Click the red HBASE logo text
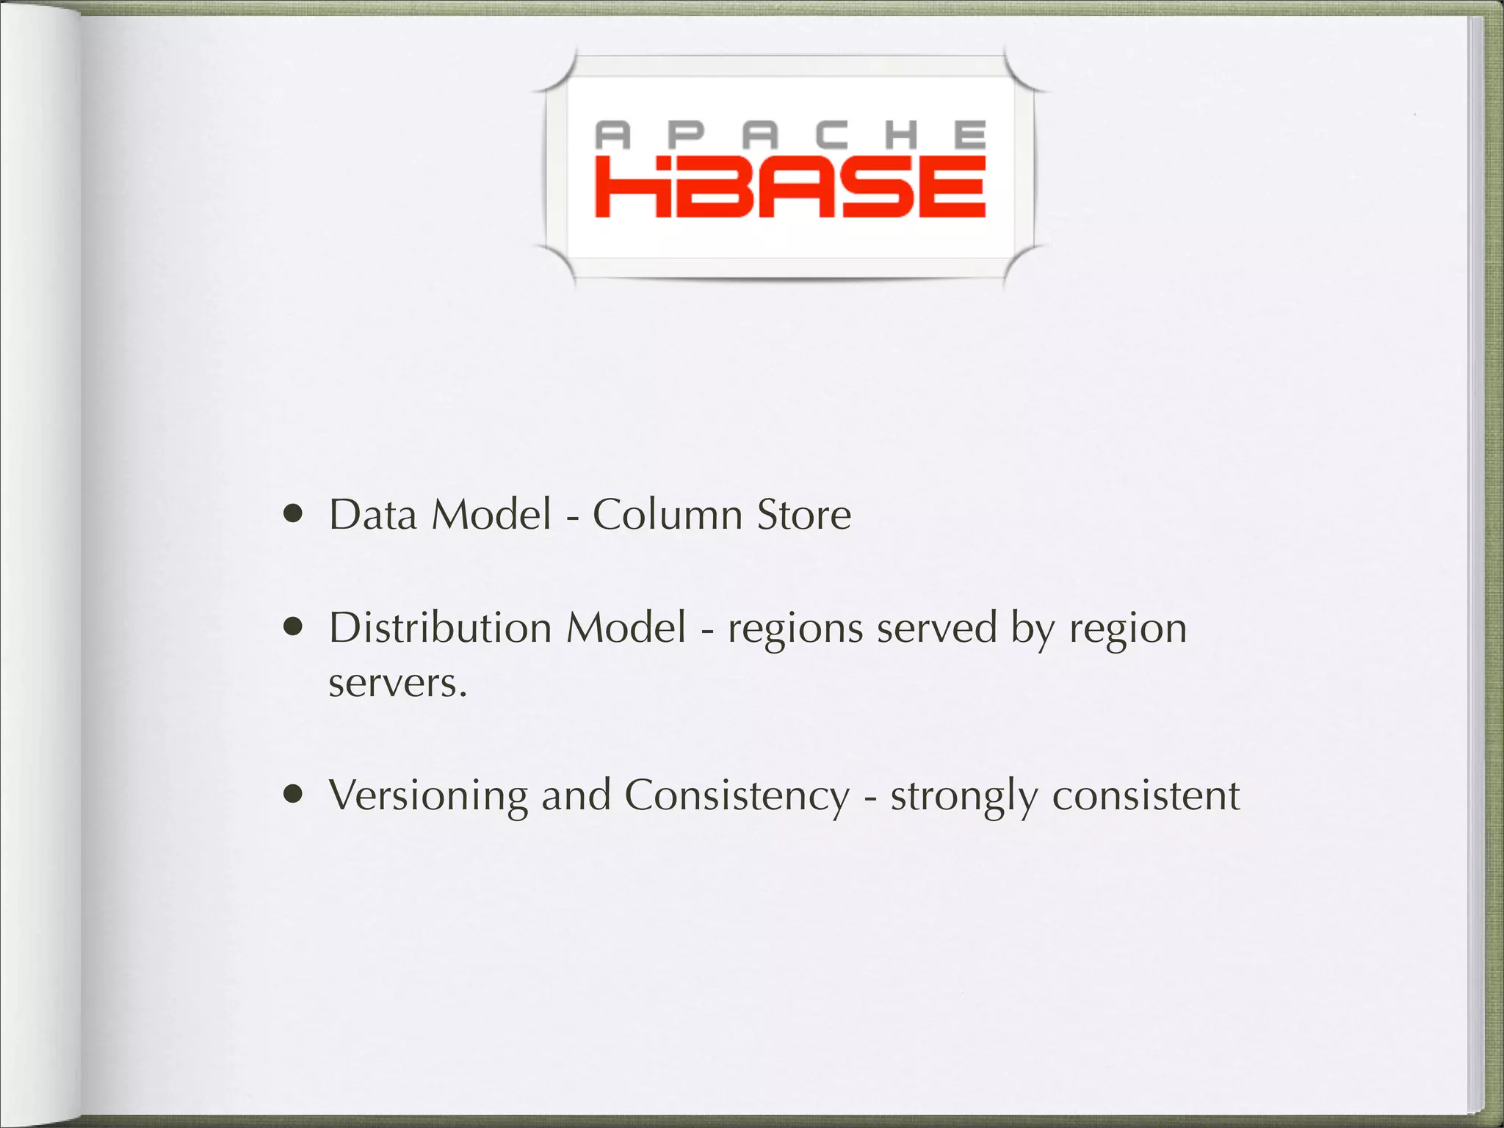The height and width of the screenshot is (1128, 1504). point(789,187)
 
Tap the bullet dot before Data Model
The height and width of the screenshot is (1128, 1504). point(294,515)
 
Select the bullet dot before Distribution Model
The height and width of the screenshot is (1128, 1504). point(294,628)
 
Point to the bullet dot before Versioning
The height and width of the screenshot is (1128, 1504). point(294,795)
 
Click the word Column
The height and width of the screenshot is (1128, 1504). point(668,515)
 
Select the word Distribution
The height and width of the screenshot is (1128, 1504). point(440,628)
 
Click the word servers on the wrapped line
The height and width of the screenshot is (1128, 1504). point(397,684)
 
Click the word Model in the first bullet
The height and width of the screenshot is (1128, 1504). point(491,515)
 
